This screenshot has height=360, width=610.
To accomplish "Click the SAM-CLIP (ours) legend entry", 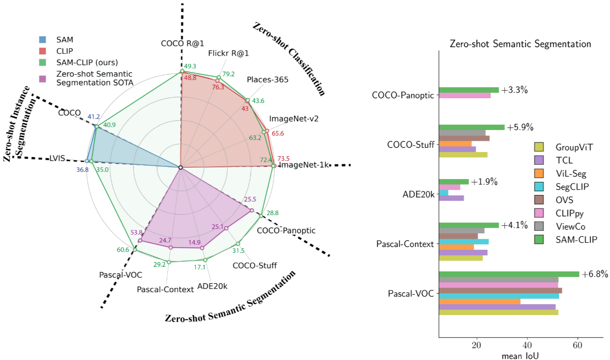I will click(x=87, y=63).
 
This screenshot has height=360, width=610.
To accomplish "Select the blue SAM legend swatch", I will click(x=43, y=40).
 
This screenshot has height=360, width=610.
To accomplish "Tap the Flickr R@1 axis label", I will click(x=228, y=53).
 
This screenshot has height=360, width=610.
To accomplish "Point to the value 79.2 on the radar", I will click(x=228, y=74).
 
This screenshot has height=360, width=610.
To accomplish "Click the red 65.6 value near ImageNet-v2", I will click(x=278, y=133).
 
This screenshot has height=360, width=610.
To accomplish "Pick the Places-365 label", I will click(x=268, y=80).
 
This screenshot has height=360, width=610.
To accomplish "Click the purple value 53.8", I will click(x=137, y=233).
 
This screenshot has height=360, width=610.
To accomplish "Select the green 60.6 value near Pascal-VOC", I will click(x=123, y=250).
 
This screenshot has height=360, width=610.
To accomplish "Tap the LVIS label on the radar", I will click(x=57, y=158).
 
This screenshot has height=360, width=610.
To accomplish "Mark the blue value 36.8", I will click(x=83, y=170).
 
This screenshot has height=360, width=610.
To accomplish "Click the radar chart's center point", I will click(x=181, y=168).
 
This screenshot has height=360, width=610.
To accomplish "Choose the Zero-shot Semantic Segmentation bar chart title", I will click(x=520, y=44).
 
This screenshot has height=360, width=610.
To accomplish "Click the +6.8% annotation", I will click(x=595, y=274).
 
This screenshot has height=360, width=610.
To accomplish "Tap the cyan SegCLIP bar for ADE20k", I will click(x=444, y=193).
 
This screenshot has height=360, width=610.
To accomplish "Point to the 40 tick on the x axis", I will click(x=527, y=345).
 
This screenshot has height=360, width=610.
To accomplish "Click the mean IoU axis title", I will click(x=520, y=356).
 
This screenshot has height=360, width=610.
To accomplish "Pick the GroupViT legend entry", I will click(x=574, y=147).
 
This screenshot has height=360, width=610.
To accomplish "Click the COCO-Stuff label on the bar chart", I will click(x=411, y=145).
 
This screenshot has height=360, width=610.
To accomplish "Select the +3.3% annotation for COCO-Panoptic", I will click(x=514, y=90).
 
